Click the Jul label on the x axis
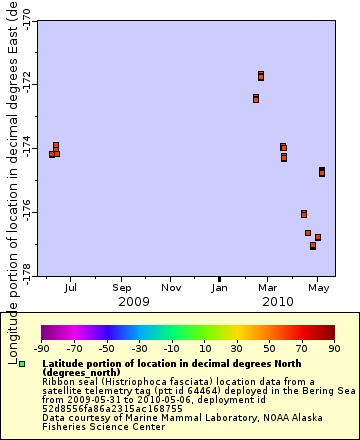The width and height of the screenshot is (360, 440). click(70, 288)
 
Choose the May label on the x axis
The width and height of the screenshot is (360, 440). click(318, 288)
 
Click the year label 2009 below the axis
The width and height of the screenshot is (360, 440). click(134, 301)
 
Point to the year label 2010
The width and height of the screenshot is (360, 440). click(277, 301)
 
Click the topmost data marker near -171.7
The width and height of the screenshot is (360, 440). click(261, 75)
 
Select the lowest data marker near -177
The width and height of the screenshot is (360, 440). click(313, 245)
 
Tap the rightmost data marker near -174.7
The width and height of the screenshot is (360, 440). click(322, 172)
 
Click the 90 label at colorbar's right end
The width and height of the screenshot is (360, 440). click(333, 349)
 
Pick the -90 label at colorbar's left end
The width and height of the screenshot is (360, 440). click(42, 349)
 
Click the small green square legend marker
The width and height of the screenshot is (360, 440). click(22, 364)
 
